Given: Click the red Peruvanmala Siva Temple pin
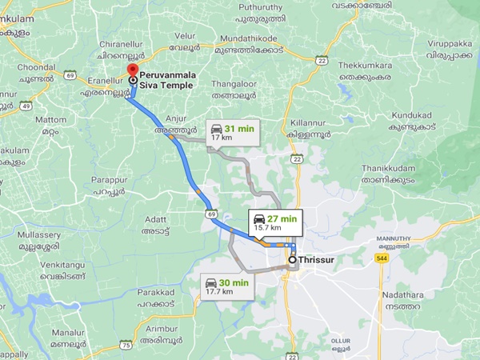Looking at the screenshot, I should (132, 71).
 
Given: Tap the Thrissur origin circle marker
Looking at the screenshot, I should (292, 259).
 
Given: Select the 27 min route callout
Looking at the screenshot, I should (274, 222).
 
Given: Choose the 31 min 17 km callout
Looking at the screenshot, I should (231, 132).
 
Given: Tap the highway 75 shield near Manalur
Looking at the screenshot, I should (126, 345).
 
